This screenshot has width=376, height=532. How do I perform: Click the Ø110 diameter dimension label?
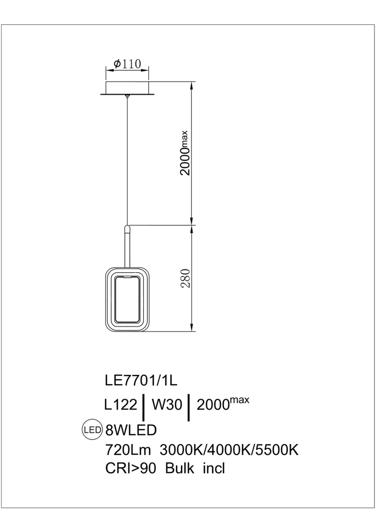(127, 64)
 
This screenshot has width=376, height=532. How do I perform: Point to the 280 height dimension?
(185, 278)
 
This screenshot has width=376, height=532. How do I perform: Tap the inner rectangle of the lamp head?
(127, 299)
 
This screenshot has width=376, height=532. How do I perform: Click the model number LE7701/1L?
(141, 381)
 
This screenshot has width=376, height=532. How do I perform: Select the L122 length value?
(121, 405)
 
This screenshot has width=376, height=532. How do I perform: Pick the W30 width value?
(166, 405)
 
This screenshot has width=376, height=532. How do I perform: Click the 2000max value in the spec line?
(223, 404)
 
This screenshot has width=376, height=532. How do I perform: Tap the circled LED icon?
(92, 430)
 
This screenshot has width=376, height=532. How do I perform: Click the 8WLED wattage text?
(131, 430)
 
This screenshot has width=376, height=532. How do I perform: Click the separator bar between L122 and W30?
(143, 408)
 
